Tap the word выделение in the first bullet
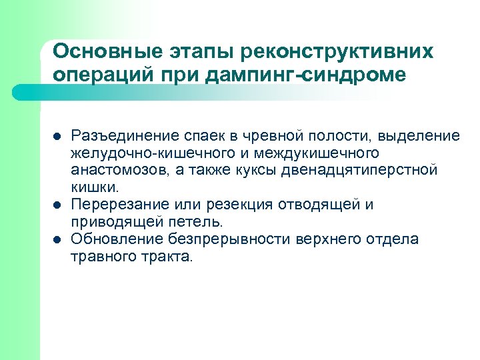[x=419, y=136]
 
